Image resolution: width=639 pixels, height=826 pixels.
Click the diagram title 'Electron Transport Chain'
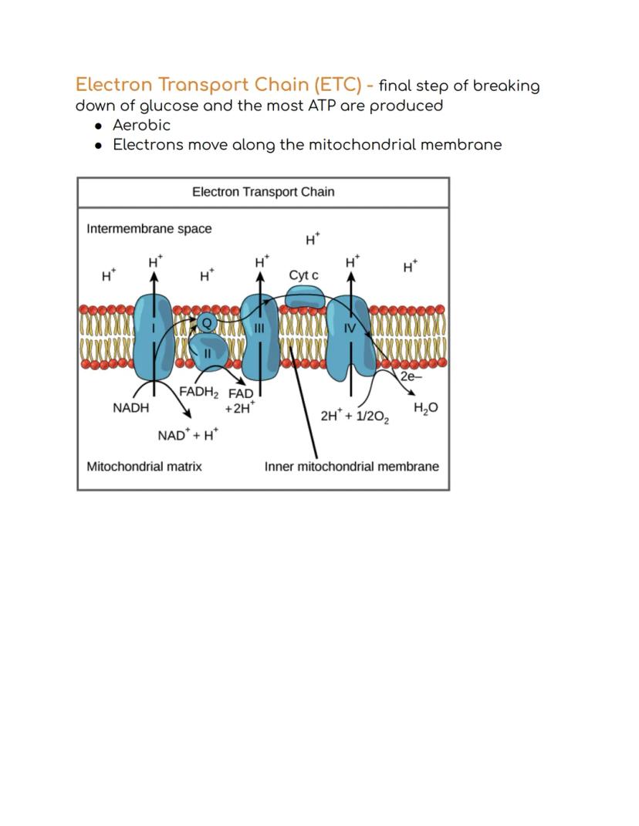click(263, 192)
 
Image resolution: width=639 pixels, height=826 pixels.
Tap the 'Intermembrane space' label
click(149, 229)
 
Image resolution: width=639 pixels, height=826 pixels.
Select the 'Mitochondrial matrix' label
click(144, 467)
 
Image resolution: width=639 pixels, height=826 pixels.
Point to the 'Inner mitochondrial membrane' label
click(352, 467)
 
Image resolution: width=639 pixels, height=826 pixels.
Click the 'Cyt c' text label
click(304, 275)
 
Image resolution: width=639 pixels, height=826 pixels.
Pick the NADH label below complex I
click(130, 408)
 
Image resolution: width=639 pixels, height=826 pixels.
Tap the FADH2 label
click(199, 393)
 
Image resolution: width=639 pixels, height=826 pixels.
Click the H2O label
click(425, 408)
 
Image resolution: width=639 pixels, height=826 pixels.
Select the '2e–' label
click(411, 376)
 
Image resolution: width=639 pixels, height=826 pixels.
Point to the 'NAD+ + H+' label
click(188, 435)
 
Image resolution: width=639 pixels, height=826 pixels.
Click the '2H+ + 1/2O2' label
click(355, 416)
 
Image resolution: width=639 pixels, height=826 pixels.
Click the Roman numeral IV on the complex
click(350, 329)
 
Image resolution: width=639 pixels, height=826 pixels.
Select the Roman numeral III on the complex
click(259, 329)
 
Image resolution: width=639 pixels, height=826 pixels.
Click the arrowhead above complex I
click(154, 277)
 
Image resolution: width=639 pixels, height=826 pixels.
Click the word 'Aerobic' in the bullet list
click(142, 126)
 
